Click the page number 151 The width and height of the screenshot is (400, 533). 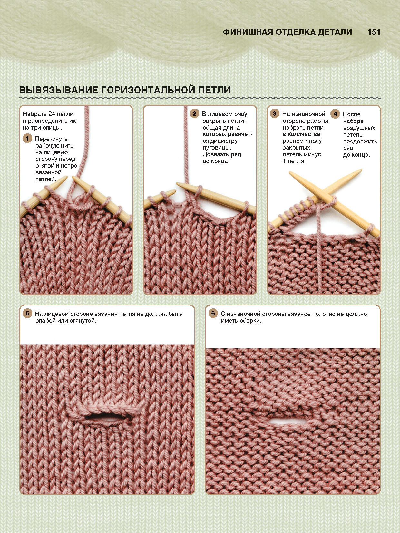click(374, 32)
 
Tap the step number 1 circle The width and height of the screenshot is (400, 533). click(27, 139)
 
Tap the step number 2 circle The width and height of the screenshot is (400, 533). click(194, 113)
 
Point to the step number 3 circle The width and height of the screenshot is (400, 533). click(274, 113)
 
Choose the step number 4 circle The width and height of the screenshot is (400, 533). click(335, 114)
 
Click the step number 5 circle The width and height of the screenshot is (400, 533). click(27, 313)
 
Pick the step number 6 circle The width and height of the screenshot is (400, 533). click(213, 313)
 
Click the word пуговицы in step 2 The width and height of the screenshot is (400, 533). click(216, 148)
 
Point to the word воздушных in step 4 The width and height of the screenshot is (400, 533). click(359, 128)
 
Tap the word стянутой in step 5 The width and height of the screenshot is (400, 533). click(83, 321)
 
